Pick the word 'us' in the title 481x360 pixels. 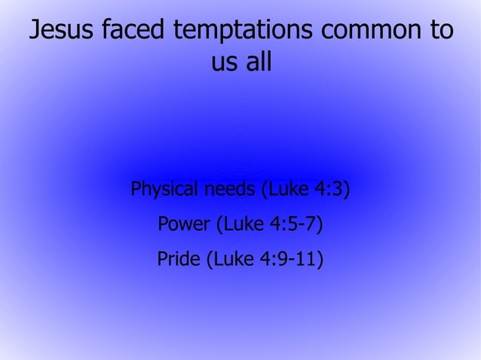click(224, 63)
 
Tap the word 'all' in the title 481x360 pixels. click(257, 63)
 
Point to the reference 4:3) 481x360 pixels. click(332, 188)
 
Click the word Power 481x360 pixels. click(185, 224)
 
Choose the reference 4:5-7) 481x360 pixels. click(302, 224)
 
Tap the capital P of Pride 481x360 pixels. click(162, 260)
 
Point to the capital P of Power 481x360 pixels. click(164, 224)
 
